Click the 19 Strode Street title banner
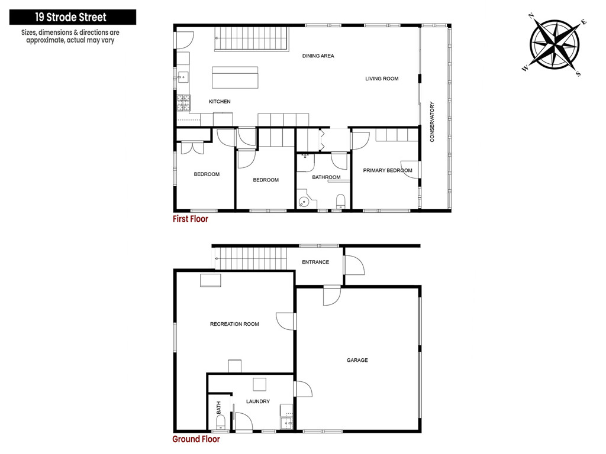(73, 17)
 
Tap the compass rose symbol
(555, 44)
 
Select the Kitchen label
(220, 102)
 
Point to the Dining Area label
(318, 56)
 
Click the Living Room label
(382, 79)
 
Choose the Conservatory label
(432, 122)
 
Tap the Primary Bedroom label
(388, 170)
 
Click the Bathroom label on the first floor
(326, 177)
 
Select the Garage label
(357, 360)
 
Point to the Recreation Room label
(234, 324)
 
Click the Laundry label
(258, 401)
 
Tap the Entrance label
(315, 262)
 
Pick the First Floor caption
(190, 219)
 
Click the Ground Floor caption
(196, 439)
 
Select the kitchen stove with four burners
(183, 103)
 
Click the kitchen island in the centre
(235, 77)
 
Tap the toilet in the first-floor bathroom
(340, 202)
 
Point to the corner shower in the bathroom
(307, 199)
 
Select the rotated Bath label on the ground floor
(219, 408)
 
